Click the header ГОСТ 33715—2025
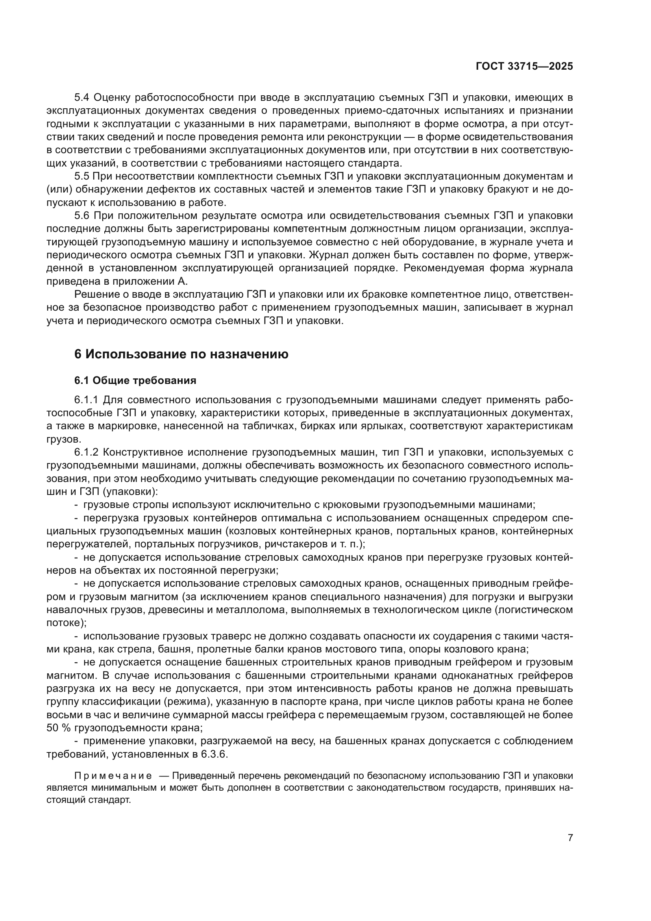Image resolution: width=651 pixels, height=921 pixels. click(524, 67)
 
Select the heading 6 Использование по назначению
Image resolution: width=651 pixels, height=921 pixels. click(181, 354)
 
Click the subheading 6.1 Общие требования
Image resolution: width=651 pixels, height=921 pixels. click(135, 380)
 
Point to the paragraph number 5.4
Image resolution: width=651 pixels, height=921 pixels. click(82, 98)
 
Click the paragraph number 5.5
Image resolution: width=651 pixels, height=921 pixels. click(82, 176)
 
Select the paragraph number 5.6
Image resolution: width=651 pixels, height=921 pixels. click(82, 216)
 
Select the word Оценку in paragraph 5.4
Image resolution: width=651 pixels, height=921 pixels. click(113, 98)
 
